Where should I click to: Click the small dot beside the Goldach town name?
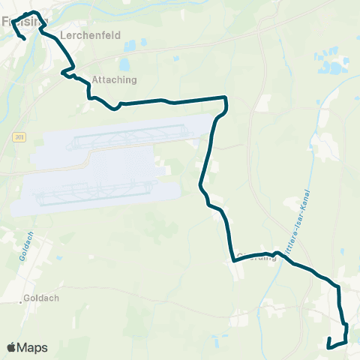[21, 302]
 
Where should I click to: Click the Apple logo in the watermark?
[12, 347]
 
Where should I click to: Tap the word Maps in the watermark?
[33, 347]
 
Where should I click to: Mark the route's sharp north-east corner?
[225, 97]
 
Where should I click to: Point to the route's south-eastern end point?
[329, 346]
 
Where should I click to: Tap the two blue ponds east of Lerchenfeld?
[129, 46]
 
